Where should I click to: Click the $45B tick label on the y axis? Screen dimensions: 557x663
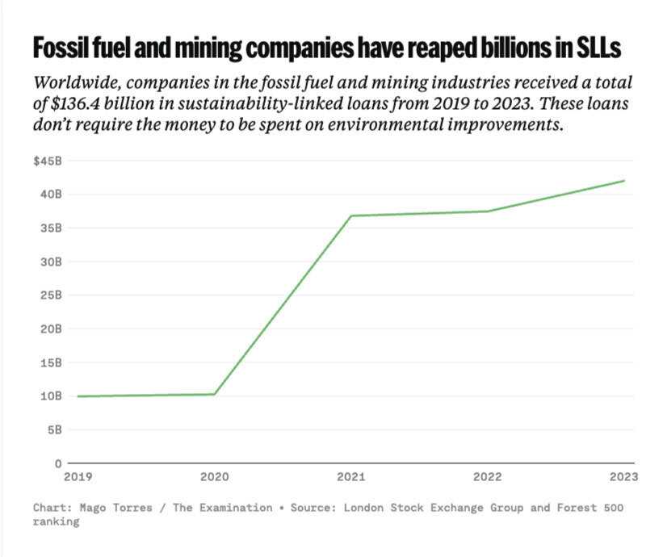point(47,161)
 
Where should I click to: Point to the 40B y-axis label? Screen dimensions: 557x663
point(50,194)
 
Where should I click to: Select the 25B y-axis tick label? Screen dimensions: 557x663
point(50,295)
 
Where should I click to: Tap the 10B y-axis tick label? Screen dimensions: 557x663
point(50,396)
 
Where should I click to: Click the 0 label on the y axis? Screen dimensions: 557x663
point(58,463)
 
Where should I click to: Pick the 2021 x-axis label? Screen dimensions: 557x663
point(350,476)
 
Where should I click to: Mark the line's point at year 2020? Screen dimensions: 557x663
point(214,394)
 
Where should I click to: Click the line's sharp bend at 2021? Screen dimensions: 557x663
point(351,216)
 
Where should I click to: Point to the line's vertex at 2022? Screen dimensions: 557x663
point(488,211)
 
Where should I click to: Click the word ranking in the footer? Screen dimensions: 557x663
point(56,521)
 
